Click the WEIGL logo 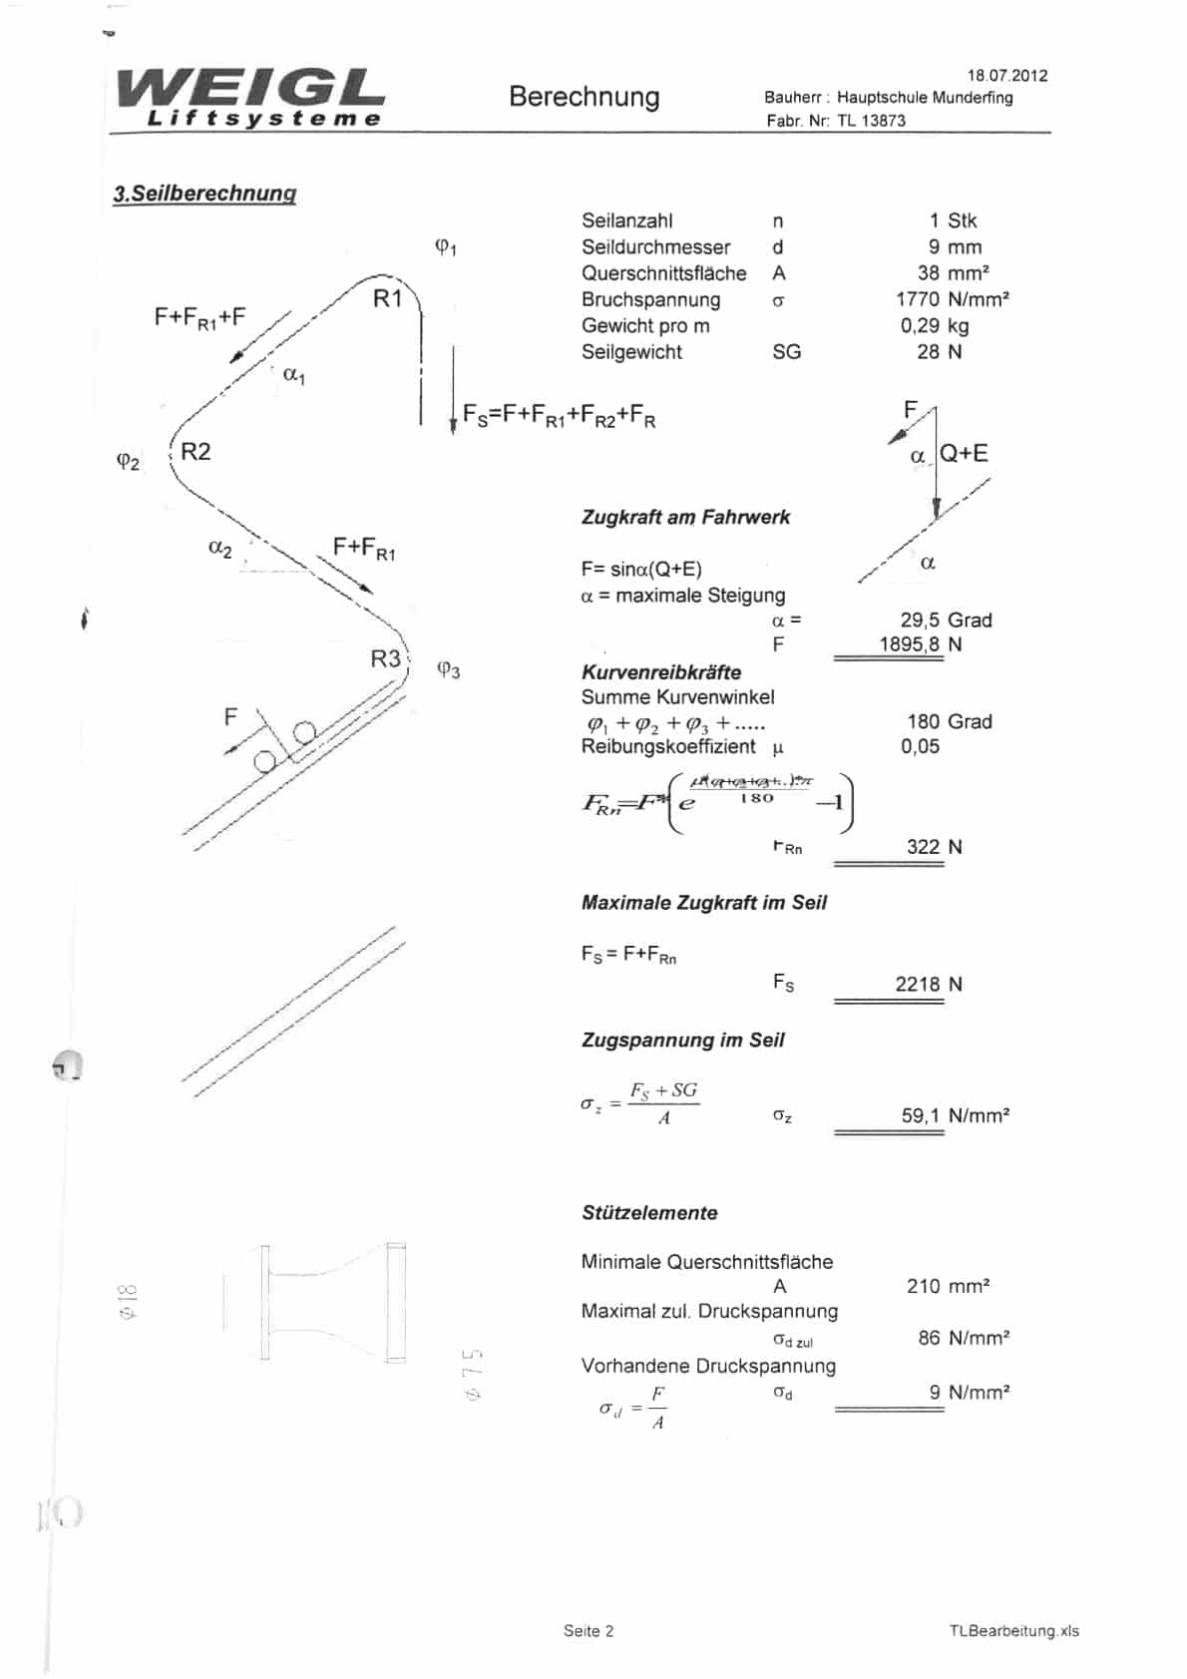click(249, 98)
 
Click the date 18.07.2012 click(1006, 76)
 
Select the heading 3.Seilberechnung click(204, 194)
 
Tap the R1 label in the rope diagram click(387, 297)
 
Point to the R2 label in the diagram click(196, 451)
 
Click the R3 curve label click(385, 658)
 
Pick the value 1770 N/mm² click(952, 299)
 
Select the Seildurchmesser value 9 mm click(955, 247)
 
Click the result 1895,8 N click(920, 644)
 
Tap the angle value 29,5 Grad click(946, 620)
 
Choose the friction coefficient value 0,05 click(920, 746)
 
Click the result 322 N click(934, 847)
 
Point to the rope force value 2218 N click(928, 984)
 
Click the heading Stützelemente click(649, 1213)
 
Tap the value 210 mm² click(948, 1286)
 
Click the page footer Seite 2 click(589, 1631)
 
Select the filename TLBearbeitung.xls click(1013, 1631)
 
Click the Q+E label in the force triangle click(964, 453)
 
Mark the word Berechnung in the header click(584, 97)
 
